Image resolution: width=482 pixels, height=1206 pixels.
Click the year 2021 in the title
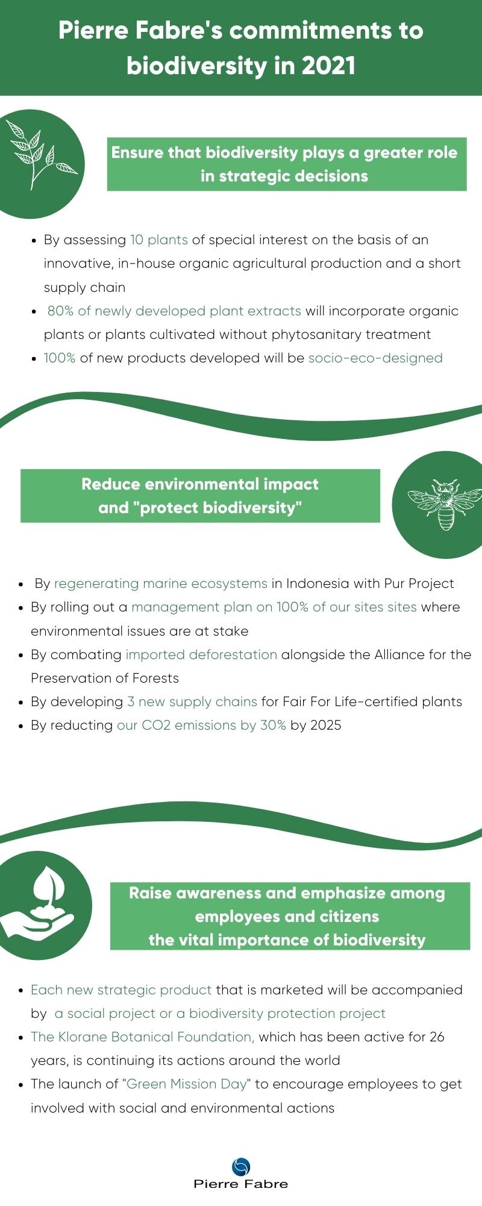tap(328, 66)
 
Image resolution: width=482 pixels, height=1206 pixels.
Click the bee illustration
tap(445, 504)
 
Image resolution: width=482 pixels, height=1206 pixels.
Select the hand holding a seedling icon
tap(37, 904)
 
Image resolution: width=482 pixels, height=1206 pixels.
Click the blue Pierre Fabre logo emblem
tap(240, 1167)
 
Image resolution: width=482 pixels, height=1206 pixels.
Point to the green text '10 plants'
tap(159, 240)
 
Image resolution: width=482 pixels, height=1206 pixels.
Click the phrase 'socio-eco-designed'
tap(375, 358)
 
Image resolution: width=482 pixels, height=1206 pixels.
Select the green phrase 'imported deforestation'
tap(201, 655)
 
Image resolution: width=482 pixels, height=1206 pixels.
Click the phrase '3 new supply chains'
tap(192, 702)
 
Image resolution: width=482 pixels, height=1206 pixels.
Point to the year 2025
tap(325, 725)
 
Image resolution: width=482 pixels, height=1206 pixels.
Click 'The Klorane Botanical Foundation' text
tap(142, 1037)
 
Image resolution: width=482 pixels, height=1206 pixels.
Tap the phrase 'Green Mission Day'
tap(187, 1084)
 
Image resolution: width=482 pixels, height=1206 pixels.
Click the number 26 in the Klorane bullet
tap(437, 1037)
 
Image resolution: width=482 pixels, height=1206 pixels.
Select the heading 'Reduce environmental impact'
tap(200, 484)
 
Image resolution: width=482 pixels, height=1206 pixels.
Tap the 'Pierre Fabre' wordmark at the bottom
tap(240, 1184)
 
